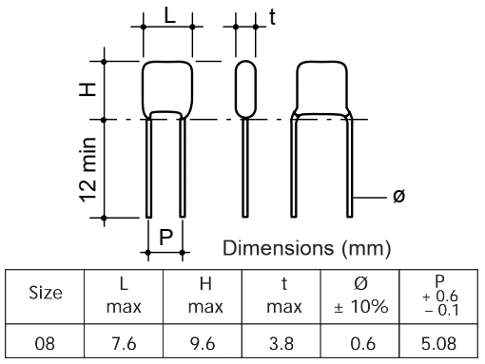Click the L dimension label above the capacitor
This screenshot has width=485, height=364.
[x=170, y=15]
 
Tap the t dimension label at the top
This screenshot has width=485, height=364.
[x=272, y=16]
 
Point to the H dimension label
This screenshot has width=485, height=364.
[x=87, y=89]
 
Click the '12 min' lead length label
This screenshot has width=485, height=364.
[x=87, y=170]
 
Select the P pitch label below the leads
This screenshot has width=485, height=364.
[x=165, y=237]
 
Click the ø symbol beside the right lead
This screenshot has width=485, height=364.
[x=398, y=196]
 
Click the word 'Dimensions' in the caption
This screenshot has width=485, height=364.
[x=279, y=248]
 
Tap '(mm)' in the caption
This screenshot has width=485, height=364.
[x=366, y=248]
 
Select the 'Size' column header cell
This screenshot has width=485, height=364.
[x=45, y=297]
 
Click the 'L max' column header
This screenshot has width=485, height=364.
[x=124, y=297]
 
